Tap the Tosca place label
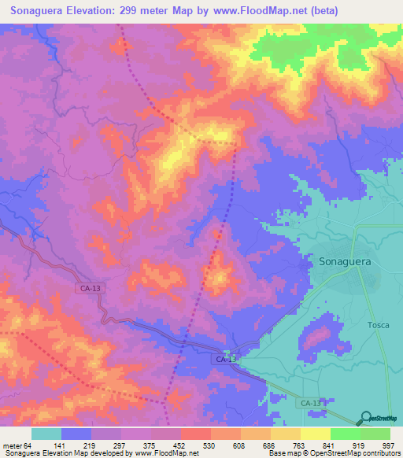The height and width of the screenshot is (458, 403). coord(379,325)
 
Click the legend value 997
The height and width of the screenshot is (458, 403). coord(387,445)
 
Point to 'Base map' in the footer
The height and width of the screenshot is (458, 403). coord(283,453)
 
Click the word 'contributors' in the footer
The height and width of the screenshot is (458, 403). coord(381,453)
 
